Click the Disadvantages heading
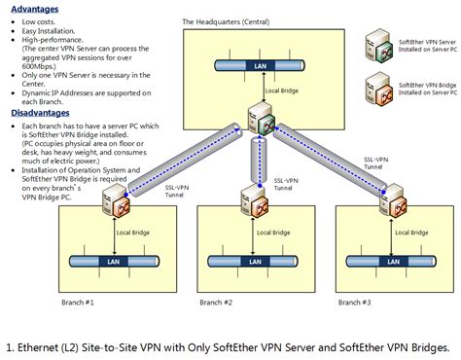click(41, 113)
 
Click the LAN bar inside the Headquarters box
click(260, 66)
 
